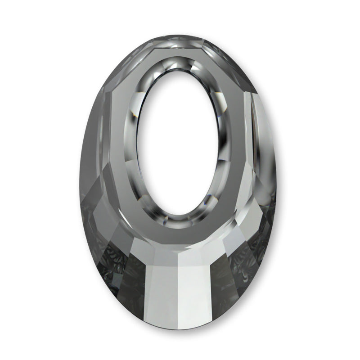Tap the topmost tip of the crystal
[x=180, y=35]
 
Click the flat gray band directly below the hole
[x=180, y=234]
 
